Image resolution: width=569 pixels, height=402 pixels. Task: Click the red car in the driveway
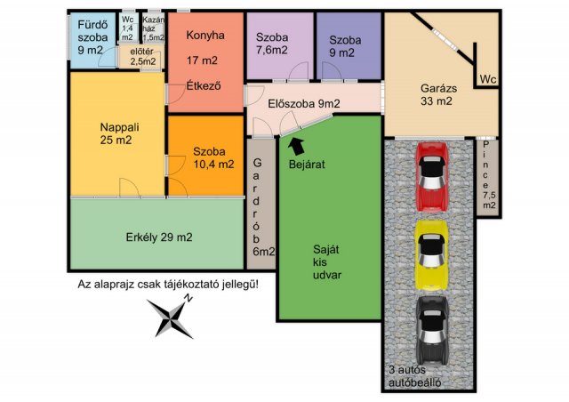(x=431, y=176)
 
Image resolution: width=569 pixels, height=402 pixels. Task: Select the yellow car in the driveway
(x=431, y=255)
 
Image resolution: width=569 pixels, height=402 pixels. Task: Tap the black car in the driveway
(x=432, y=331)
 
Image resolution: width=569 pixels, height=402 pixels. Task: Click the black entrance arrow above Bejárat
(x=296, y=146)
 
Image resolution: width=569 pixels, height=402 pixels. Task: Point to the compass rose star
(x=170, y=318)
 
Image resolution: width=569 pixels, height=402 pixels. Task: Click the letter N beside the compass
(x=188, y=299)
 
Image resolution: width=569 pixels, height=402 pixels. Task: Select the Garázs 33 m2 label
(x=438, y=94)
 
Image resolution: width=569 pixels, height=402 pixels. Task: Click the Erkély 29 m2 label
(x=159, y=237)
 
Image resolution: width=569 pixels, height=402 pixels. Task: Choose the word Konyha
(x=205, y=36)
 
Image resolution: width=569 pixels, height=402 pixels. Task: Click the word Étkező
(x=204, y=85)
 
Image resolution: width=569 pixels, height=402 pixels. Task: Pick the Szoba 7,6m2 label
(x=272, y=44)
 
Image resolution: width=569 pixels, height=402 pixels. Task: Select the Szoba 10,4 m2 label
(x=213, y=158)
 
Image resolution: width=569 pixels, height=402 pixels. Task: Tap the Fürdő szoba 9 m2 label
(x=92, y=37)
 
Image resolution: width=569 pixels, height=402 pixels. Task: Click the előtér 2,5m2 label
(x=142, y=56)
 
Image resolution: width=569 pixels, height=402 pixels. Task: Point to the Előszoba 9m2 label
(x=304, y=104)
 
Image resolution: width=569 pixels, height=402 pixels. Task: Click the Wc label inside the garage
(x=488, y=79)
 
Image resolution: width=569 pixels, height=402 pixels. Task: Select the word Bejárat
(x=307, y=165)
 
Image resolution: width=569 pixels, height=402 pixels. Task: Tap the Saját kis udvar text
(x=327, y=262)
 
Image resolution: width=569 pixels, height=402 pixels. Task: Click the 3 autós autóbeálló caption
(x=415, y=376)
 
